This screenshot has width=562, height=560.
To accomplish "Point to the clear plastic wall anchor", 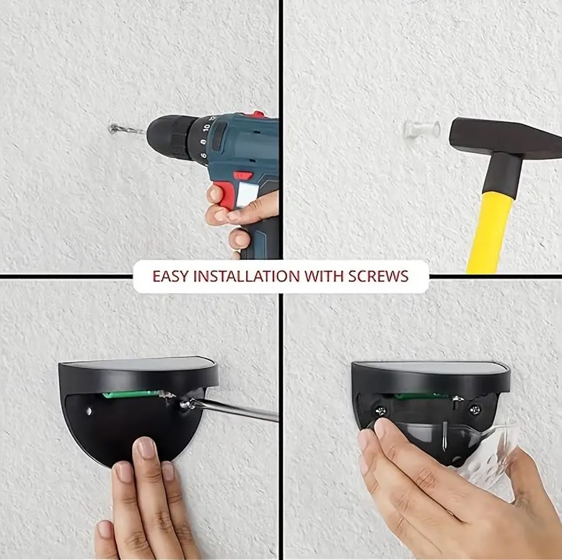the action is pyautogui.click(x=422, y=130).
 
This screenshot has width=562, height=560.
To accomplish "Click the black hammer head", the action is pyautogui.click(x=502, y=138).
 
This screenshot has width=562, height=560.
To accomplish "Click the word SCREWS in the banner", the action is pyautogui.click(x=379, y=276).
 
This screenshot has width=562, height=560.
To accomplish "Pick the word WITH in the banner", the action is pyautogui.click(x=324, y=276).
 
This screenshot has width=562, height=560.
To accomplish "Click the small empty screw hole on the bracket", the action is pyautogui.click(x=89, y=411).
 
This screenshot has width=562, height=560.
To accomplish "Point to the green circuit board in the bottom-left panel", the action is pyautogui.click(x=131, y=394).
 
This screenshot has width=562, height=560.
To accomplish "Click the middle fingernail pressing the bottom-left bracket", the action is pyautogui.click(x=146, y=448).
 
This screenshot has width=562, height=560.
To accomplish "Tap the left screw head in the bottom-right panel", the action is pyautogui.click(x=381, y=411).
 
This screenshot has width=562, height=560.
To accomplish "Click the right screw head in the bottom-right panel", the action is pyautogui.click(x=475, y=410).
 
